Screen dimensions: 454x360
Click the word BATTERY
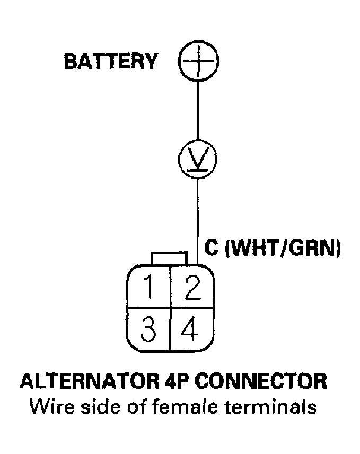click(x=110, y=61)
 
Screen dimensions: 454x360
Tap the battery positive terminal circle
click(x=198, y=62)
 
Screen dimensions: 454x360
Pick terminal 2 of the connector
click(x=191, y=288)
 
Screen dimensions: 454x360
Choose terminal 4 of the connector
click(x=191, y=329)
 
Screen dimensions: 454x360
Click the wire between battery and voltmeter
click(x=198, y=111)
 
